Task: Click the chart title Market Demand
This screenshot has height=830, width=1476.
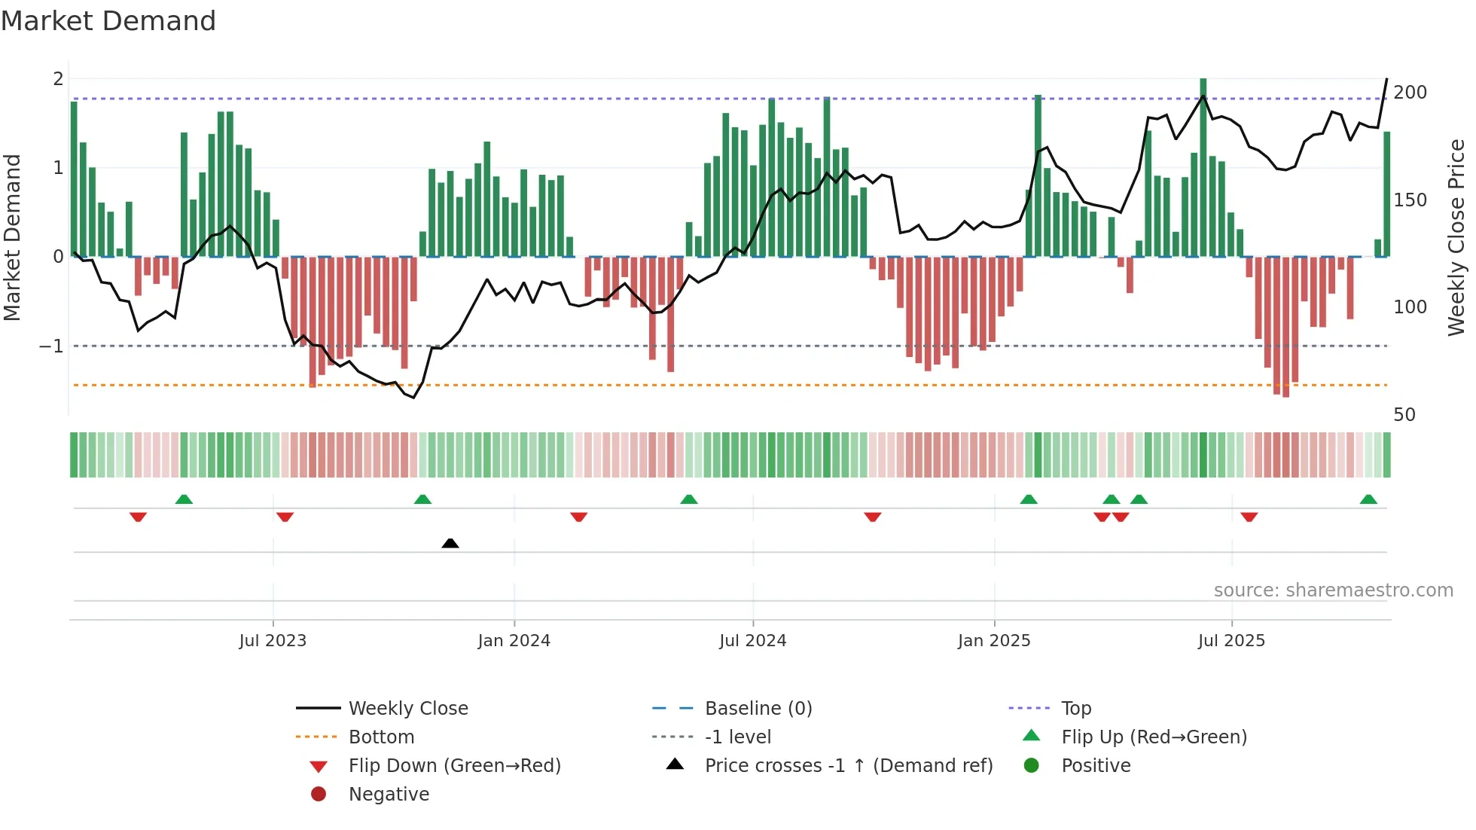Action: tap(108, 21)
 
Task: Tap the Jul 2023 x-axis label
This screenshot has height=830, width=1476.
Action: tap(273, 641)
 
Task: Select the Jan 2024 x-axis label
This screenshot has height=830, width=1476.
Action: tap(514, 641)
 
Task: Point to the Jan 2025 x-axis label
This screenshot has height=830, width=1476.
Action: tap(993, 641)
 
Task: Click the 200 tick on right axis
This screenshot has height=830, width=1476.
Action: tap(1410, 93)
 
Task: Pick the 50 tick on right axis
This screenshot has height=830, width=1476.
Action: tap(1404, 415)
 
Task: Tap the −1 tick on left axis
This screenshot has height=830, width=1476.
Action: tap(52, 346)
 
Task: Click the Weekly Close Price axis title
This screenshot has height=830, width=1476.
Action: tap(1456, 237)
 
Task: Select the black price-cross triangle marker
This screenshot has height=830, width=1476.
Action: tap(450, 543)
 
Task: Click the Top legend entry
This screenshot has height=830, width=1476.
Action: tap(1076, 709)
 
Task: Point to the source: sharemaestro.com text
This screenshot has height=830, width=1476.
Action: tap(1333, 590)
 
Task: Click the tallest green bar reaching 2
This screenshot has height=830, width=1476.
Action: tap(1203, 166)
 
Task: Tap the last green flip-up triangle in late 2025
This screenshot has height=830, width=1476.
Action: tap(1368, 499)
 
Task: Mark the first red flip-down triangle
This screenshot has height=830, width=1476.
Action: tap(138, 517)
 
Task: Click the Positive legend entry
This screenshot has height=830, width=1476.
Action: tap(1096, 766)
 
